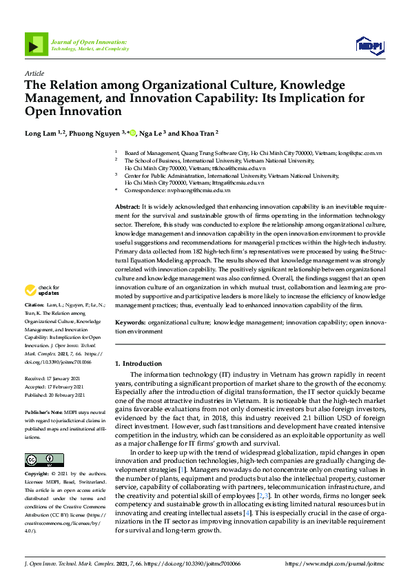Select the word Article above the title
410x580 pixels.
[x=34, y=73]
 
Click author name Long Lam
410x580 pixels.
[x=41, y=133]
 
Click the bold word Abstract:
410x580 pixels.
[x=127, y=207]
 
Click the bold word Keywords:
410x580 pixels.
[x=130, y=322]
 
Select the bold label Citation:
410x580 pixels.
[x=34, y=324]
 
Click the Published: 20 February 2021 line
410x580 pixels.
[x=55, y=395]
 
